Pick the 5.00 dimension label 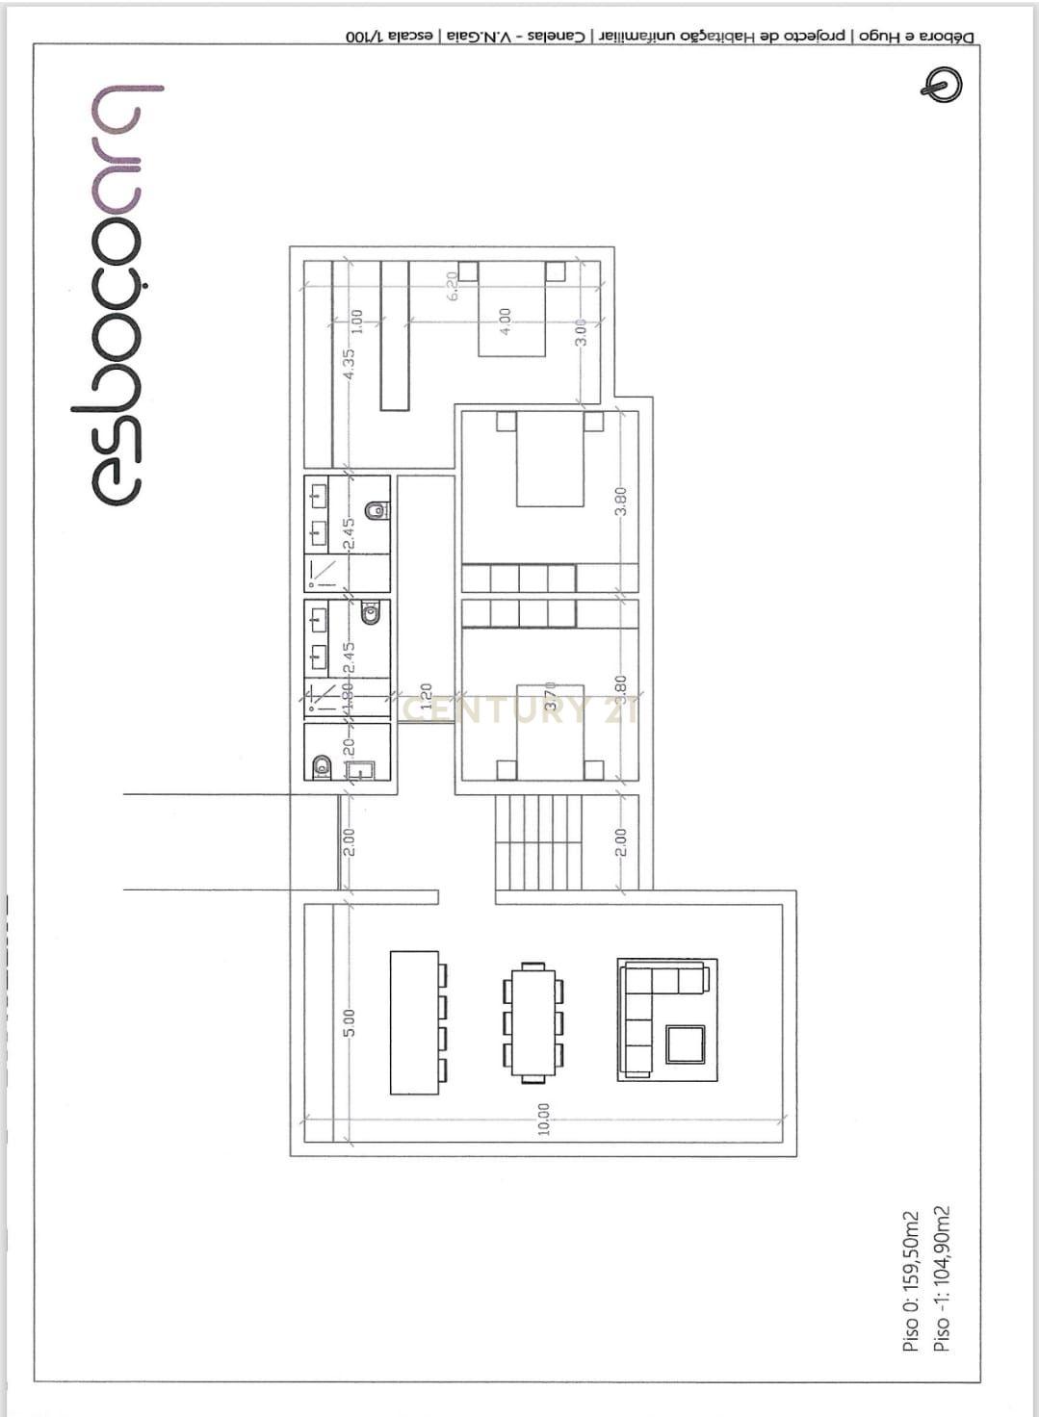point(350,1022)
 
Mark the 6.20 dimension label point(453,286)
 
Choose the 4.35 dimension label point(350,363)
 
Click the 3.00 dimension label point(581,330)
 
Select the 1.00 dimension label point(355,321)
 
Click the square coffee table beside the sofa point(685,1044)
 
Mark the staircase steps point(539,842)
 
